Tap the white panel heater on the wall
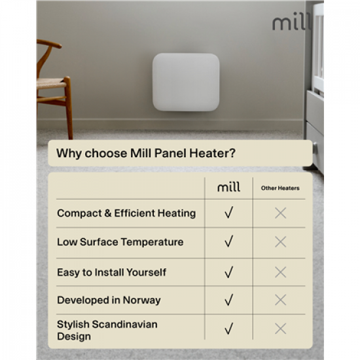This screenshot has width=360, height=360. coord(186,82)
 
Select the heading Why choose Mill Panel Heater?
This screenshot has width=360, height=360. coord(146,154)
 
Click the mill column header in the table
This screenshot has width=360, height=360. coord(228,188)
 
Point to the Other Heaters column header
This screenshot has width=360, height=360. coord(280,189)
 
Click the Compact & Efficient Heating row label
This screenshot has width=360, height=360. coord(126,213)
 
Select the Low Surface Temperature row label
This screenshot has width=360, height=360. coord(120,242)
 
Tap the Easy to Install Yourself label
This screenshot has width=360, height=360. coord(111,272)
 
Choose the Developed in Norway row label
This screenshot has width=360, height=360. coord(109,300)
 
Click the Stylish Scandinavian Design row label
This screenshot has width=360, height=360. coord(107,331)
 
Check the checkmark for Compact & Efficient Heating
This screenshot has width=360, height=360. coord(228,213)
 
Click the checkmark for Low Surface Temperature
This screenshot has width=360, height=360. coord(228,242)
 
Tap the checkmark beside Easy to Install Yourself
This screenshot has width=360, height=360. coord(228,272)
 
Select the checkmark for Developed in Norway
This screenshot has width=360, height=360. coord(228,300)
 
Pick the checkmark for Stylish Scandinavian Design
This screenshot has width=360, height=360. coord(228,329)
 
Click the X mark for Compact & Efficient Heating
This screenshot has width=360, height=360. coord(280,213)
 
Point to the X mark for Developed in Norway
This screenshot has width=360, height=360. coord(280,300)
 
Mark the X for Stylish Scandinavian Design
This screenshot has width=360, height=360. coord(280,329)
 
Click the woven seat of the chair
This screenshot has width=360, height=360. coord(51,84)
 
